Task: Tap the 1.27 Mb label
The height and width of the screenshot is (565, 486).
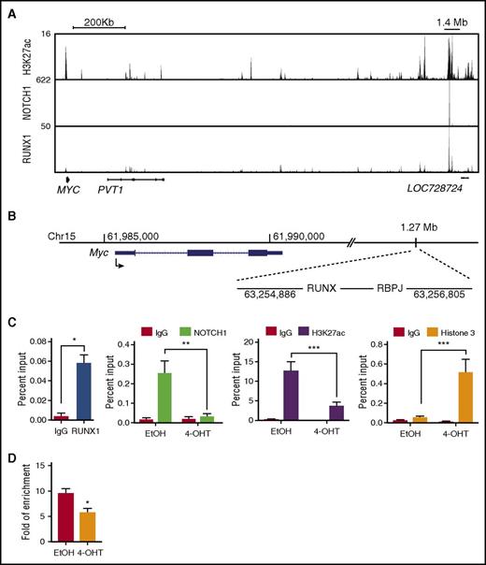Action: click(416, 226)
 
